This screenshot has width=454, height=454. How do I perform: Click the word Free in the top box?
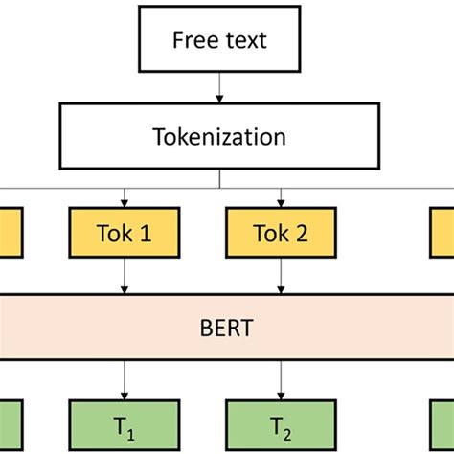pos(192,40)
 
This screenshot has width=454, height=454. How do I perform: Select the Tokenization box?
pos(219,136)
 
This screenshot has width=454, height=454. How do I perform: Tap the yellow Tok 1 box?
pos(125,233)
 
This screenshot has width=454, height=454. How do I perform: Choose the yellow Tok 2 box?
pos(281,233)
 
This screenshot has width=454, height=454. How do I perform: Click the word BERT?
pos(227,329)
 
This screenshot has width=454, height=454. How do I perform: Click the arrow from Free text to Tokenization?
pos(219,88)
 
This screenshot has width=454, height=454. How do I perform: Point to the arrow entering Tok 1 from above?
pos(125,196)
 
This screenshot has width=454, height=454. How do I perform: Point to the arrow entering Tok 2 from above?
pos(281,196)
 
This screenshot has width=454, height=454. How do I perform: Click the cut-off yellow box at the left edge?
pos(11,233)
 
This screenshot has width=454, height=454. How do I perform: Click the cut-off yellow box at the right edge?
pos(442,233)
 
